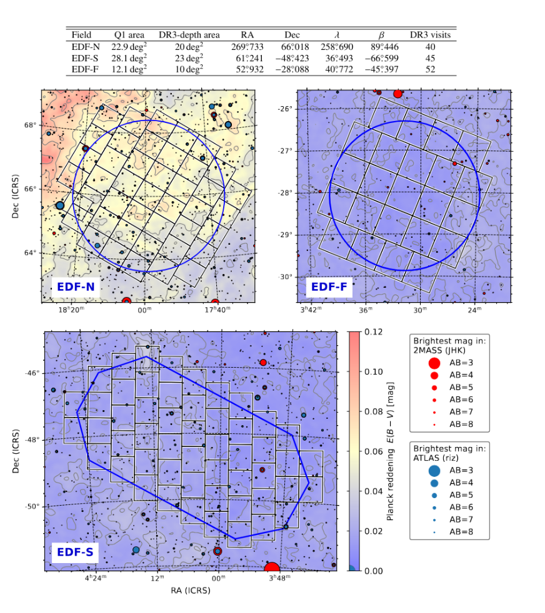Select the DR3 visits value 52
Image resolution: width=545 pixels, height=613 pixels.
point(429,69)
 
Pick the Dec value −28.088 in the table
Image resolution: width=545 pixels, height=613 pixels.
point(292,69)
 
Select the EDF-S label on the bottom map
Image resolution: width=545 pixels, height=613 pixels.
point(76,552)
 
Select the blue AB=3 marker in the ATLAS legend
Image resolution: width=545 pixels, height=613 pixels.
point(434,471)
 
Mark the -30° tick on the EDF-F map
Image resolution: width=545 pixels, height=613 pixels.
point(285,277)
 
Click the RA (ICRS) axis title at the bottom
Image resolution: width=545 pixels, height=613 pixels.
point(191,590)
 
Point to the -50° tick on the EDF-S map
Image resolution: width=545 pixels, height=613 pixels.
point(32,506)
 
